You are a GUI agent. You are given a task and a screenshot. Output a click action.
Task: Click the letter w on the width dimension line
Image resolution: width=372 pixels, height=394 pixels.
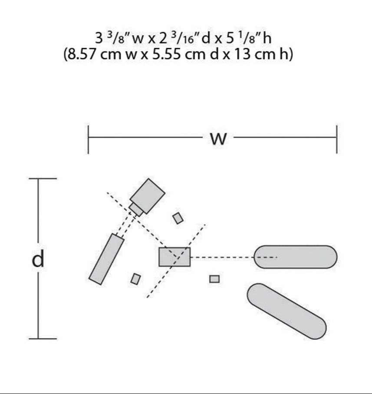(218, 139)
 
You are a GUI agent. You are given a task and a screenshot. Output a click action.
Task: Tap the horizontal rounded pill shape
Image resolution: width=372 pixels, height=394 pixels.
(295, 257)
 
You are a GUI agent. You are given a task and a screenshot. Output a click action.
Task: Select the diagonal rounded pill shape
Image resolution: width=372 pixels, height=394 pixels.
(287, 311)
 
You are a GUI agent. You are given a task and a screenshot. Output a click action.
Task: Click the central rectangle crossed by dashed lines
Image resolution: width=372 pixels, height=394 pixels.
(174, 257)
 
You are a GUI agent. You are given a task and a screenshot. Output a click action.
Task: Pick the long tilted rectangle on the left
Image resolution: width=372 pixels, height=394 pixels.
(107, 259)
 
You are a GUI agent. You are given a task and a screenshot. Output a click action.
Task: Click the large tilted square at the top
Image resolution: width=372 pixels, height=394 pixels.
(148, 196)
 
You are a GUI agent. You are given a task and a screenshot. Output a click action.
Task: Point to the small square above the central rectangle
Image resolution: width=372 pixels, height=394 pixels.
(178, 218)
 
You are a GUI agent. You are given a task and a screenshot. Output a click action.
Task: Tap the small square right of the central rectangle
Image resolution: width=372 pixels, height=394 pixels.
(214, 279)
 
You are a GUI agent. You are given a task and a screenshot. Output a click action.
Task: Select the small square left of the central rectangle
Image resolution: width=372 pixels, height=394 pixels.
(135, 279)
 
